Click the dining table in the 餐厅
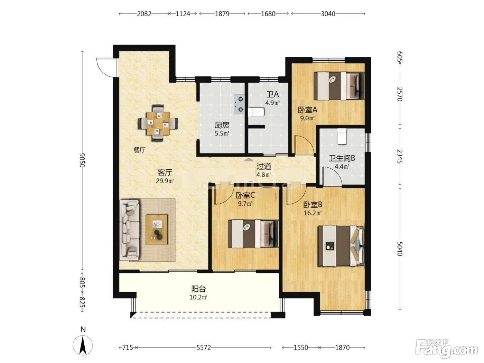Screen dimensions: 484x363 (x=158, y=123)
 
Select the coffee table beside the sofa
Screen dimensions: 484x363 (x=157, y=230)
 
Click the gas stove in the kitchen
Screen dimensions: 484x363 (x=239, y=104)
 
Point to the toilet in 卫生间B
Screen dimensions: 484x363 (x=342, y=136)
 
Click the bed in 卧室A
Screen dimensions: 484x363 (x=339, y=86)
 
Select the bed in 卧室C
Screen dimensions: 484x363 (x=253, y=234)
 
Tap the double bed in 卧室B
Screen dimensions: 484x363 (x=341, y=246)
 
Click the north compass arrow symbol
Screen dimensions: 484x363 (x=83, y=345)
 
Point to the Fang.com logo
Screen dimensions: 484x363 (x=446, y=348)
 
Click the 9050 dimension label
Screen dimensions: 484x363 (x=82, y=160)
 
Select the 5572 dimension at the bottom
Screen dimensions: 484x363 (x=204, y=347)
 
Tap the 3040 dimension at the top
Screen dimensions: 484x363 (x=328, y=14)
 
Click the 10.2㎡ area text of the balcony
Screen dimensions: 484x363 (x=198, y=297)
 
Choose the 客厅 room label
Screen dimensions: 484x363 (x=165, y=172)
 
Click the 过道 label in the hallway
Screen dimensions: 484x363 (x=264, y=166)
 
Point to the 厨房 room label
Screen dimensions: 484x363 (x=222, y=125)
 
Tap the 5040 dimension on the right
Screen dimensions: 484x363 (x=400, y=249)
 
